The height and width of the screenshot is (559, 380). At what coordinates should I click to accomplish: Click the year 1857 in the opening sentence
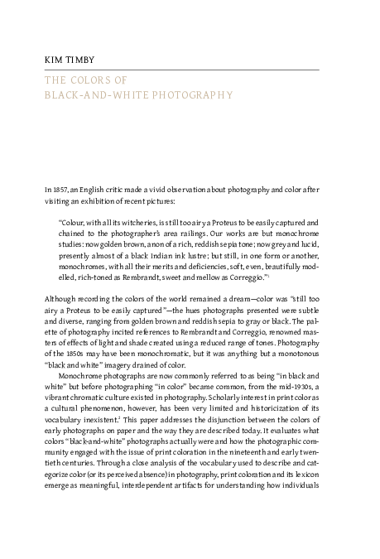pos(60,190)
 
